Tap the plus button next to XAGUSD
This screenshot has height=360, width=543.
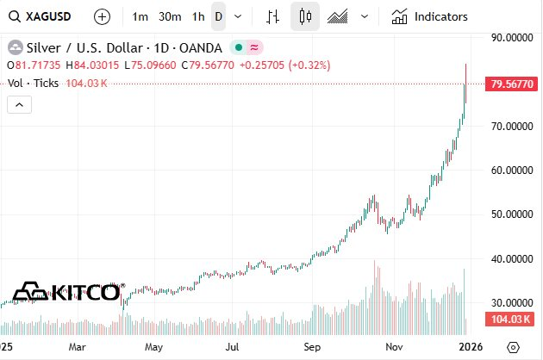pyautogui.click(x=102, y=16)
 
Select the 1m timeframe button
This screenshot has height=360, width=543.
pyautogui.click(x=140, y=16)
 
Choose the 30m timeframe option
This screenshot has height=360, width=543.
pyautogui.click(x=170, y=16)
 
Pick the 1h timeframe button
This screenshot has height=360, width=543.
pyautogui.click(x=198, y=16)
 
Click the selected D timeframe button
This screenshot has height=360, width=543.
pyautogui.click(x=218, y=16)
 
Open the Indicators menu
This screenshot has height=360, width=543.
pyautogui.click(x=430, y=16)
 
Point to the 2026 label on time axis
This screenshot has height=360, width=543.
pyautogui.click(x=471, y=347)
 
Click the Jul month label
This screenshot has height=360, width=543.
pyautogui.click(x=233, y=347)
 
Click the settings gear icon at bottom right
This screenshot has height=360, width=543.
pyautogui.click(x=513, y=347)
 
